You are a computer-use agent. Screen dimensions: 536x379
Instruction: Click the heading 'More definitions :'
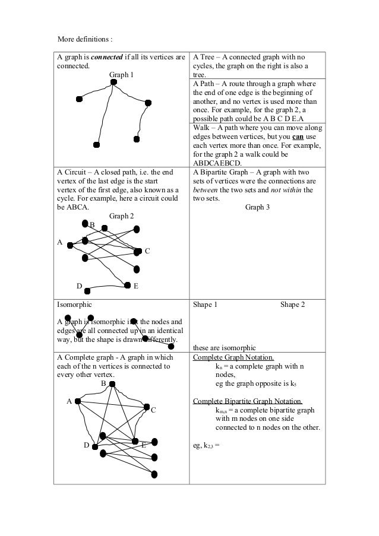tap(84, 39)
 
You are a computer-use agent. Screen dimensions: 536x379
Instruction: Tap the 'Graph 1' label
tap(122, 75)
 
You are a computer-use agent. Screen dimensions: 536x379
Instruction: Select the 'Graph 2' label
tap(122, 216)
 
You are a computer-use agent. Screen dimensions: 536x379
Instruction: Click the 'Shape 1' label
tap(206, 304)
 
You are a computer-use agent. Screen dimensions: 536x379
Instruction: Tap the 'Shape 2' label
tap(292, 304)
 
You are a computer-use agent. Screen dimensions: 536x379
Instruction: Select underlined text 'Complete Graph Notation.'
tap(233, 357)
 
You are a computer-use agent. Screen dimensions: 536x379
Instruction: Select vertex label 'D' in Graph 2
tap(78, 286)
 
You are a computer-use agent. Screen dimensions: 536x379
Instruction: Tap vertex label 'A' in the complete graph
tap(69, 401)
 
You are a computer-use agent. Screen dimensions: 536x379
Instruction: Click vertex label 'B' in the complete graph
tap(103, 383)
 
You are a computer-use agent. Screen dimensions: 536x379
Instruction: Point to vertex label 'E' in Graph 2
tap(136, 286)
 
